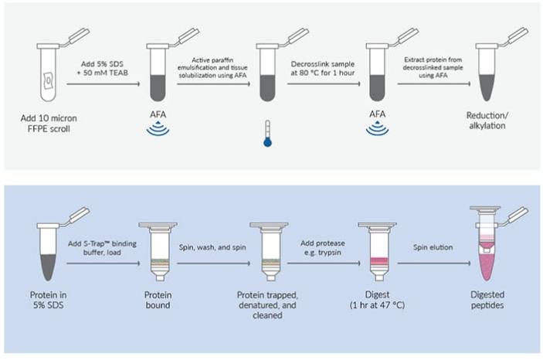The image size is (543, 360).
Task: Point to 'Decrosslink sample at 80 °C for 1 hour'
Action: pyautogui.click(x=323, y=63)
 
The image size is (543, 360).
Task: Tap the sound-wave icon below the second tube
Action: pyautogui.click(x=158, y=130)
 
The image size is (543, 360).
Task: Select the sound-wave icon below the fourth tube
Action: pyautogui.click(x=378, y=130)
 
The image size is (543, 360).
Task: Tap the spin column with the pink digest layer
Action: pyautogui.click(x=378, y=249)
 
